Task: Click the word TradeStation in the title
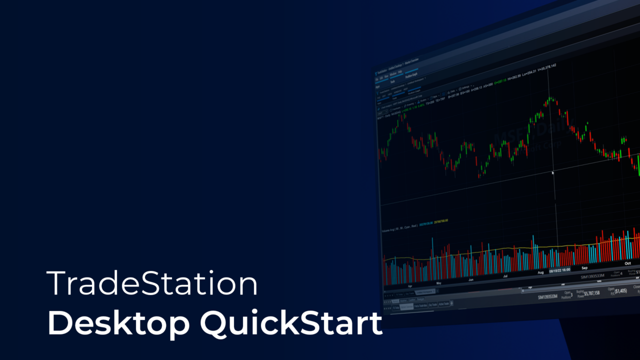(152, 283)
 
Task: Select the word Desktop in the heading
(118, 324)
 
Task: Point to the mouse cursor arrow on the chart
(552, 173)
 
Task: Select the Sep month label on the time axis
(584, 268)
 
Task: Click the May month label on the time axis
(439, 282)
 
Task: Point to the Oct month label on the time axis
(628, 263)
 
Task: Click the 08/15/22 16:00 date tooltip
(560, 270)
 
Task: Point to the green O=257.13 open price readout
(499, 79)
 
